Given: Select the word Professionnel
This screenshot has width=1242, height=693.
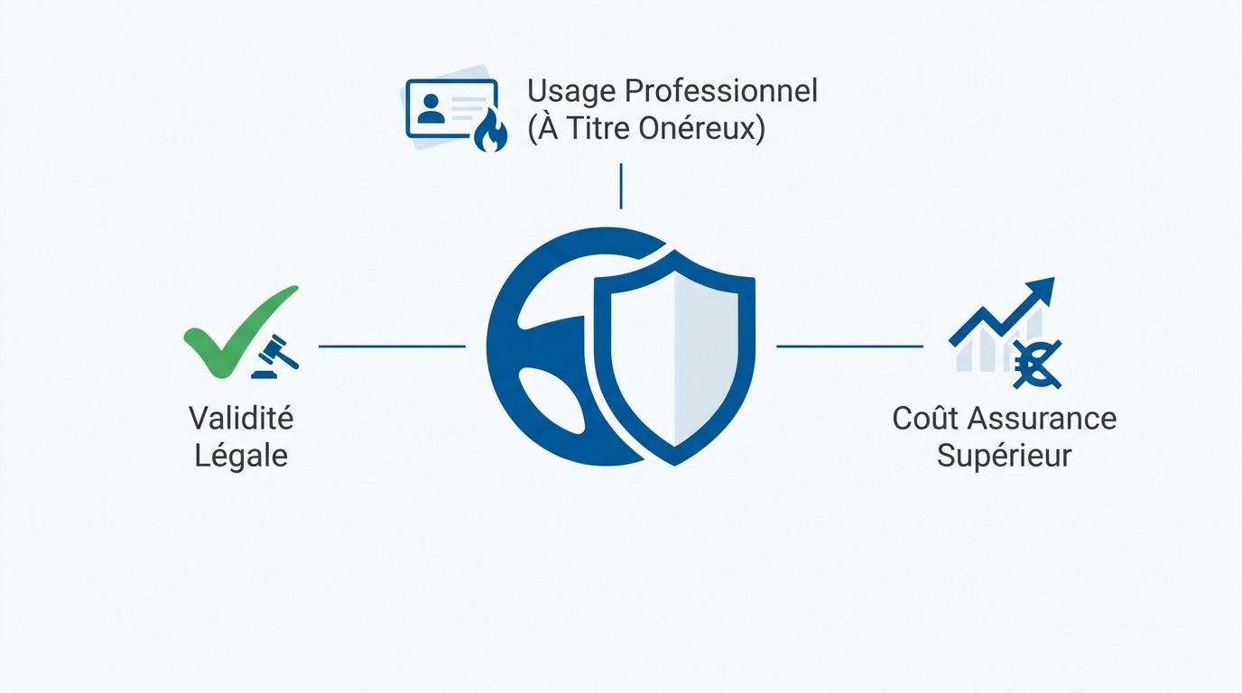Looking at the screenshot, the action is tap(721, 91).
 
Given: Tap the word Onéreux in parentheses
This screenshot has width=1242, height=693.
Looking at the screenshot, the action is tap(701, 128).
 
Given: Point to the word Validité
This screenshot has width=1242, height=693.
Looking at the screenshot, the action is tap(241, 418).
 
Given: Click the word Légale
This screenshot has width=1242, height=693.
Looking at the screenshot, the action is tap(241, 456).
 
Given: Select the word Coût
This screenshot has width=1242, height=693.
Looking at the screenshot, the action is tap(924, 418).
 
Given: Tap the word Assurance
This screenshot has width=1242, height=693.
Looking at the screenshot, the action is tap(1042, 419).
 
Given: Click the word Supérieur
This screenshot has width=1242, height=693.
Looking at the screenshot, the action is tap(1004, 457).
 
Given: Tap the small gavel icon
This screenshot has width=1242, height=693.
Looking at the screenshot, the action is tap(275, 357).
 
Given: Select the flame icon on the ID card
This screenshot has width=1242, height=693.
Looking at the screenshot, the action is tap(490, 131).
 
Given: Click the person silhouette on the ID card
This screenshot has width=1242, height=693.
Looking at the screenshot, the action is tap(431, 108).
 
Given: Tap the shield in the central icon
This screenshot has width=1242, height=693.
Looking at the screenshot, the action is tap(674, 357).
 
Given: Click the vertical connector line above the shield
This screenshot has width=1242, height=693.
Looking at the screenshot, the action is tap(621, 186).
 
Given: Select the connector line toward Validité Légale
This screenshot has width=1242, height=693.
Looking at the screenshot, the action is tap(392, 346).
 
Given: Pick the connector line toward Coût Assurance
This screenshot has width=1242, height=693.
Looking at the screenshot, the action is tap(850, 346).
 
